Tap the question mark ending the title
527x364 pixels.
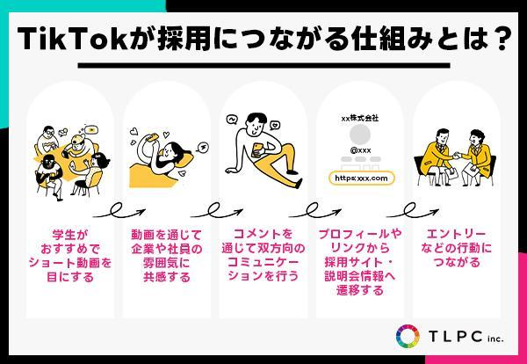(498, 39)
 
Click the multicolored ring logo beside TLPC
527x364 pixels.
(408, 336)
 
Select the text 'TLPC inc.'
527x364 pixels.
(466, 337)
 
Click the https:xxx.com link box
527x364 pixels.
(361, 178)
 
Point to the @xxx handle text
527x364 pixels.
(360, 150)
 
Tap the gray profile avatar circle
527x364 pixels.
(360, 135)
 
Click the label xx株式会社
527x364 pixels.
(360, 118)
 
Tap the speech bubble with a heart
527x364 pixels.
(275, 125)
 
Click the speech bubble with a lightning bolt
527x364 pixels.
(204, 147)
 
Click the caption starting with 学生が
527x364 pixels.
(70, 256)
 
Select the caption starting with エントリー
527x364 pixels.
(456, 248)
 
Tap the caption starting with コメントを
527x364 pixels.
(263, 255)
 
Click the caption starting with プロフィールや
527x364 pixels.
(360, 262)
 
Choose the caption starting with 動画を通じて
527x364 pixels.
(167, 256)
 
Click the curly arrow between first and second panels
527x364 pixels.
(119, 211)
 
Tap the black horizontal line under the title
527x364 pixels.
(263, 65)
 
